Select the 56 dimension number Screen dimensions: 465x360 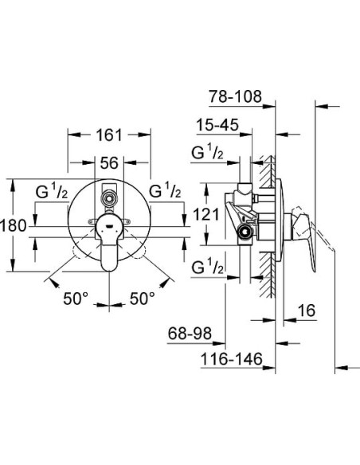point(108,162)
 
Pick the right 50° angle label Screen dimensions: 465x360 point(143,299)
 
